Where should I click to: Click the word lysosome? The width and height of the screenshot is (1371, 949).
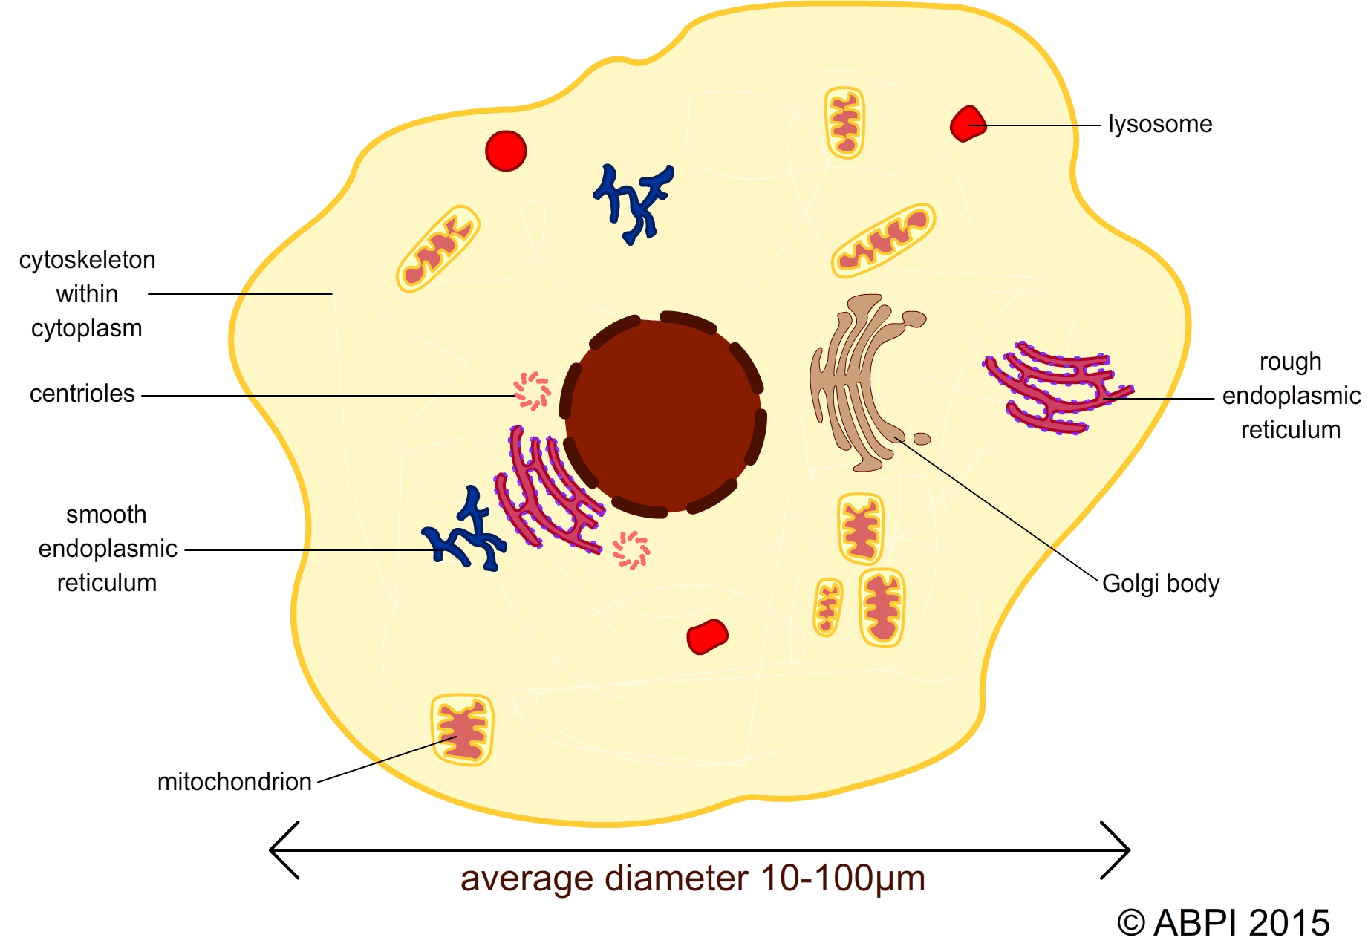click(1159, 124)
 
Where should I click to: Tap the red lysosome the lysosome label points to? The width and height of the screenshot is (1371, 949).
click(968, 124)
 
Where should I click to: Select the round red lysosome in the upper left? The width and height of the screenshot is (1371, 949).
click(506, 151)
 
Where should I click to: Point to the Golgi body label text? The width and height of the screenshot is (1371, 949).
click(1160, 584)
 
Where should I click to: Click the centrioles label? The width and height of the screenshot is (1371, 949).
click(82, 394)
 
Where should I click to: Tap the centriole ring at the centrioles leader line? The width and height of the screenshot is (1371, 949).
click(532, 391)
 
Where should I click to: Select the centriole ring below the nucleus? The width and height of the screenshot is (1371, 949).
click(631, 550)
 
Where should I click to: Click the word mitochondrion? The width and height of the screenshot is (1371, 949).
click(234, 782)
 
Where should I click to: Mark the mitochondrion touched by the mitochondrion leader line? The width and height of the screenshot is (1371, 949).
click(462, 730)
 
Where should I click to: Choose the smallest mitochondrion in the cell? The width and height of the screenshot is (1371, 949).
click(828, 607)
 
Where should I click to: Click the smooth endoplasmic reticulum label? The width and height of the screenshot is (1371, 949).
click(107, 549)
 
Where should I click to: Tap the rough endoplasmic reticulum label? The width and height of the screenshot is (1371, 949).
click(1291, 396)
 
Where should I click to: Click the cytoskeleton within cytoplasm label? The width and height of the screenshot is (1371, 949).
click(87, 294)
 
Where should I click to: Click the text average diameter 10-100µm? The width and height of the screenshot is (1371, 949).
click(692, 878)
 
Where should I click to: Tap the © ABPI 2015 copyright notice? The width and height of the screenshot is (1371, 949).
click(1222, 923)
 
